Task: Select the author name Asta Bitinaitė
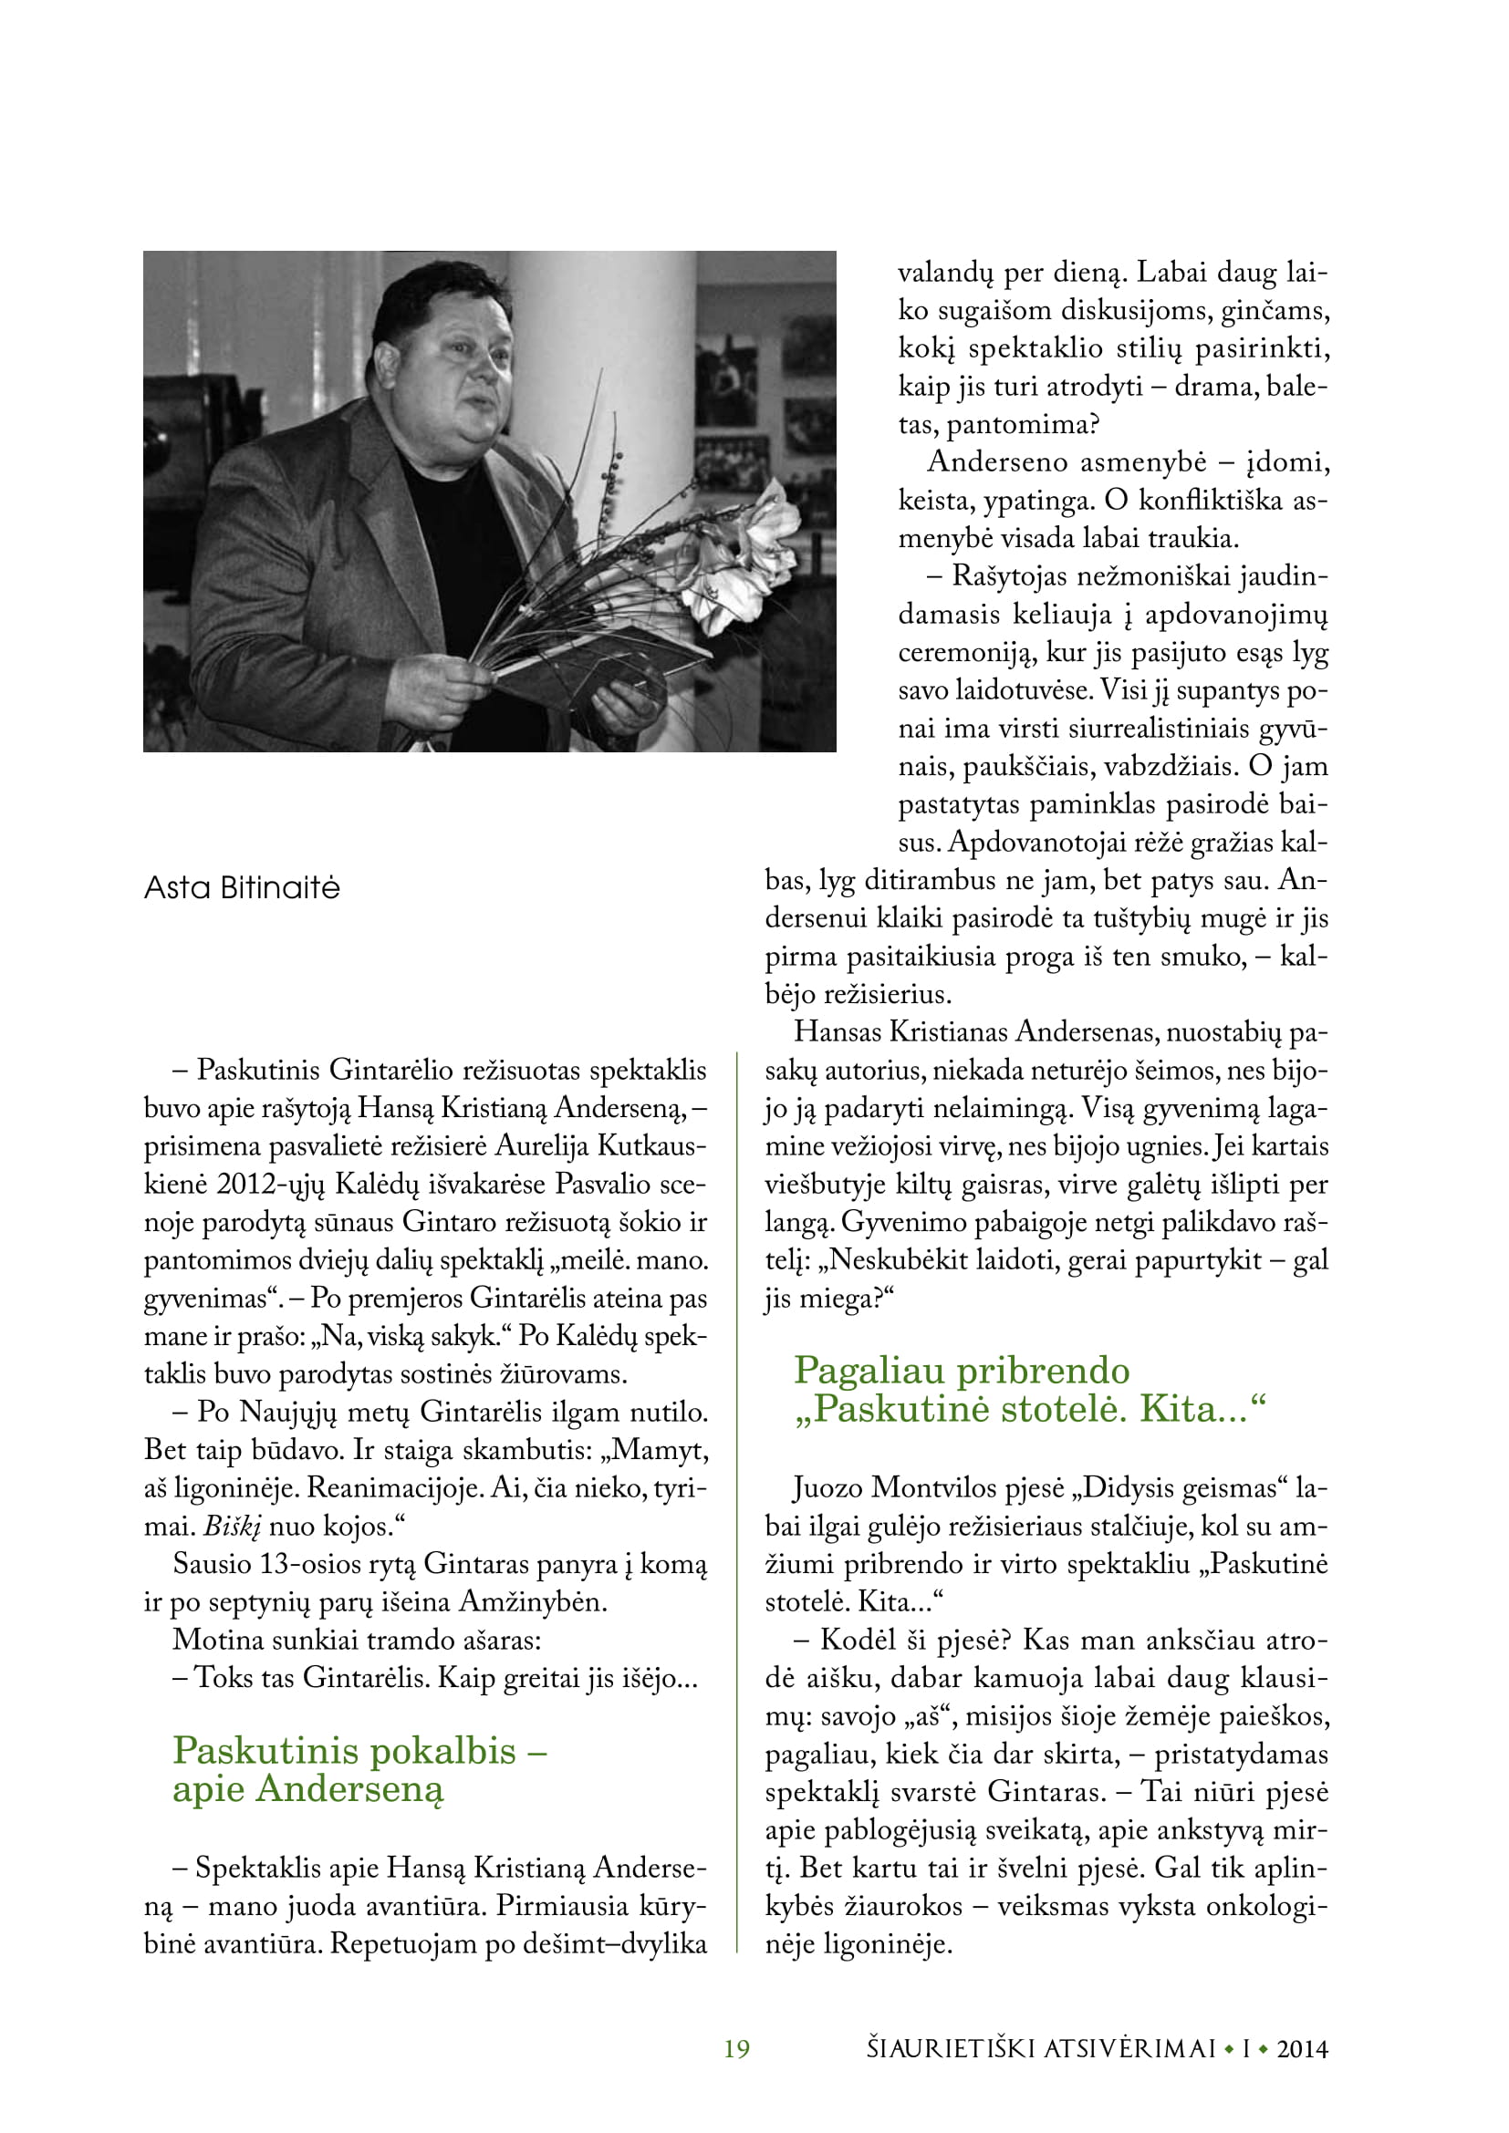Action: (x=242, y=888)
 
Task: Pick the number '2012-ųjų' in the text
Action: (x=271, y=1185)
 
